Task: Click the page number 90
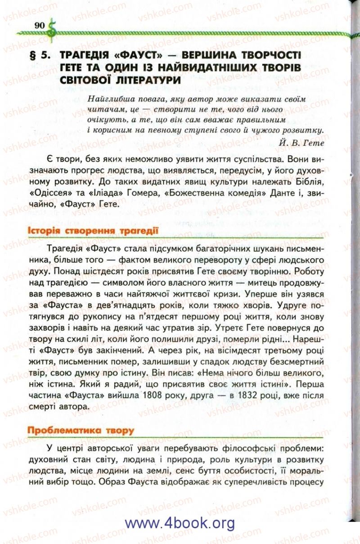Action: click(x=39, y=25)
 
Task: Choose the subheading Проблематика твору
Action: click(x=81, y=430)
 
